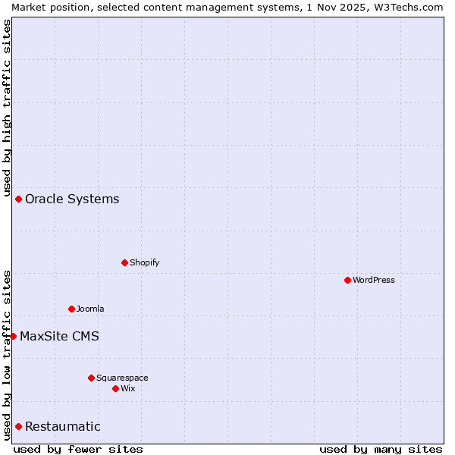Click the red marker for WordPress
click(x=347, y=280)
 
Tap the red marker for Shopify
click(x=124, y=262)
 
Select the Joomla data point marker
click(x=71, y=309)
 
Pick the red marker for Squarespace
click(x=91, y=378)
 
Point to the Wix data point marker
click(x=115, y=388)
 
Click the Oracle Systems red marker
click(x=18, y=199)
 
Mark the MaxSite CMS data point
click(x=13, y=336)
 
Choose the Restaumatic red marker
click(x=18, y=426)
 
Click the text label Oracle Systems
click(x=72, y=199)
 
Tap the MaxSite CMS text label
click(x=59, y=337)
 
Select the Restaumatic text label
click(x=62, y=427)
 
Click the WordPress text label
click(x=374, y=280)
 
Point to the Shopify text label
click(x=144, y=262)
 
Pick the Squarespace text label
click(x=122, y=378)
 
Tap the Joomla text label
click(x=90, y=309)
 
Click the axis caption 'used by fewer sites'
click(x=78, y=449)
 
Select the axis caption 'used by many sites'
click(x=381, y=449)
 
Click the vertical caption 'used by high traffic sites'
click(x=8, y=107)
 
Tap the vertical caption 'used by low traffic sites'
click(x=8, y=355)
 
